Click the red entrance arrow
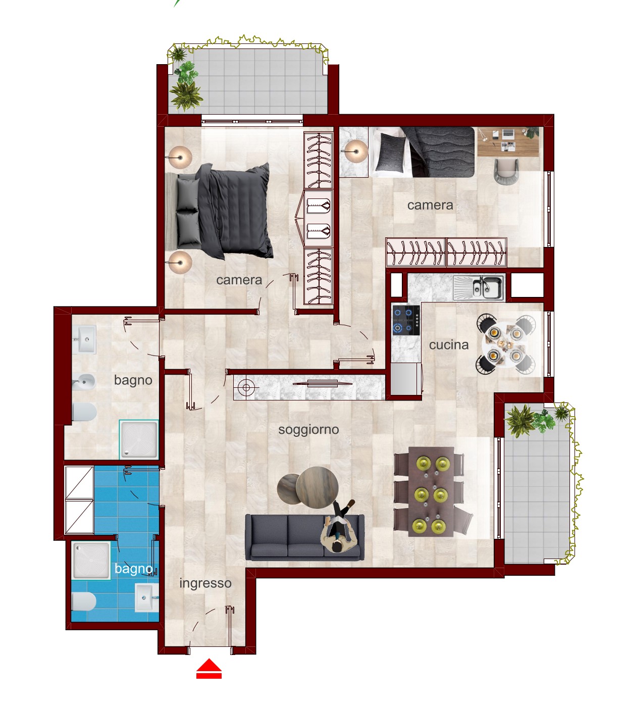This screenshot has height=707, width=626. click(208, 669)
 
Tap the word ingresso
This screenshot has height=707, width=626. click(205, 583)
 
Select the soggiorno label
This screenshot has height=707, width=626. click(308, 430)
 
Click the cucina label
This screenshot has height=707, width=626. click(449, 345)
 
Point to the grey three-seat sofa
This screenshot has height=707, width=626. click(304, 537)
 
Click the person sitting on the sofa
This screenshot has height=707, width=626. click(339, 527)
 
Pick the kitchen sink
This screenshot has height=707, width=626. click(479, 287)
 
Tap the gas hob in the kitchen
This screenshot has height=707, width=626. click(406, 320)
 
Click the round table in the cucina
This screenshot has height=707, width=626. click(505, 344)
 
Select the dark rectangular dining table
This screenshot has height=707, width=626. click(431, 492)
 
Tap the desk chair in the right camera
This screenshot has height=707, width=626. click(506, 170)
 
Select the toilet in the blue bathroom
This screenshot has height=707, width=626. click(83, 601)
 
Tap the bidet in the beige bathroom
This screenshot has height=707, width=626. click(83, 382)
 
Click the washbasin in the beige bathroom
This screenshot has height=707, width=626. click(84, 339)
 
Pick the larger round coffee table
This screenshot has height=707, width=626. click(317, 487)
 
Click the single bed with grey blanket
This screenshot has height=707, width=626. click(422, 152)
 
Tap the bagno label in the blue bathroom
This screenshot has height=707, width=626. click(133, 569)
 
